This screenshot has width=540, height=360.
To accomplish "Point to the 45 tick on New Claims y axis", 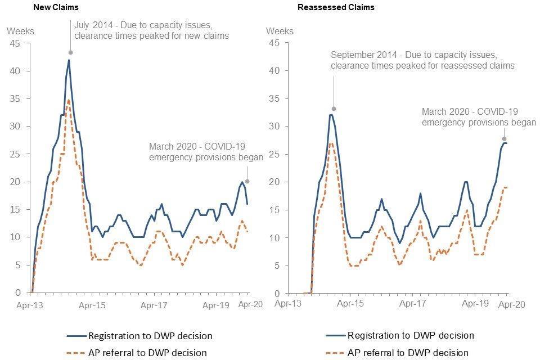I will coord(15,43).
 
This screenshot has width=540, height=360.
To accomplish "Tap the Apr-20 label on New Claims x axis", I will coord(249,304).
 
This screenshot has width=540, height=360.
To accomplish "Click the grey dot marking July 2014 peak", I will coord(70,52).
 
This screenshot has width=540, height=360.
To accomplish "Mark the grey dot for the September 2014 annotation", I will coord(334,109).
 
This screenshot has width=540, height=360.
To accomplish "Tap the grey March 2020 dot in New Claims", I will coord(247,181).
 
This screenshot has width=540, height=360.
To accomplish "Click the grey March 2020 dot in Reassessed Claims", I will coord(505,138).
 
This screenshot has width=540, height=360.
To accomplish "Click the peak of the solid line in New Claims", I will coord(69,60).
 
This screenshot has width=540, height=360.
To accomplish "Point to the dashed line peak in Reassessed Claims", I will coord(331,143).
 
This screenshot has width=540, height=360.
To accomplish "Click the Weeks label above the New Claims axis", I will coord(21,30).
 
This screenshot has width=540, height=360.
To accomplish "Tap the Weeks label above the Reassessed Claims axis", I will coord(280,30).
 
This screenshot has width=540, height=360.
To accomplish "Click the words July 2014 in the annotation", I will coord(93,25).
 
